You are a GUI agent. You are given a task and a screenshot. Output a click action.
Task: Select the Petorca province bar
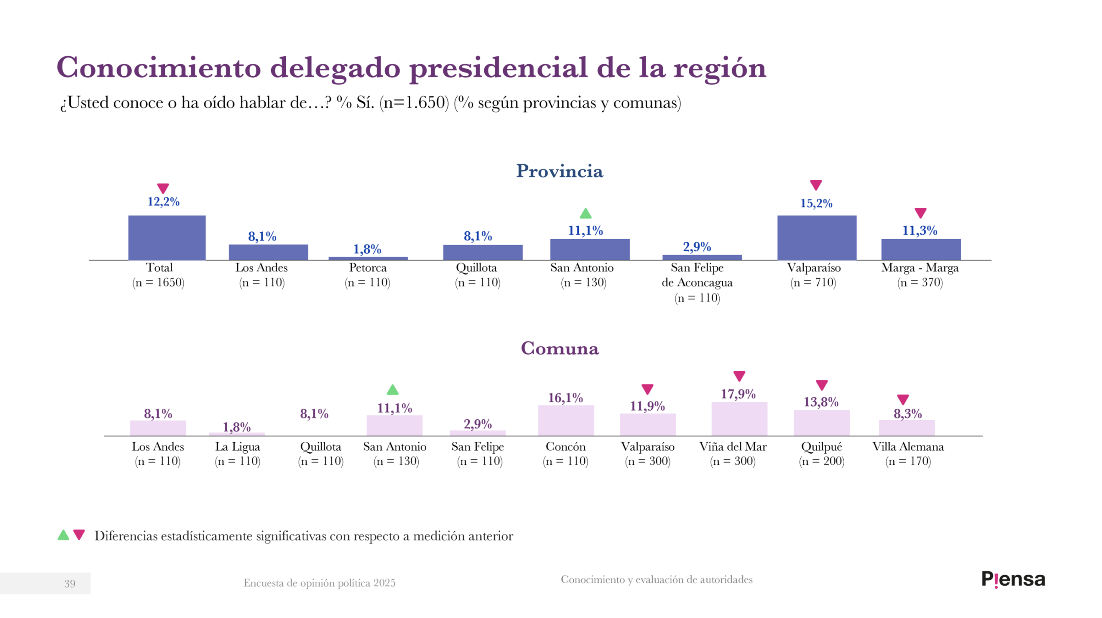(368, 258)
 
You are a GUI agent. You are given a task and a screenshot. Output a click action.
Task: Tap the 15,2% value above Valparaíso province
(816, 203)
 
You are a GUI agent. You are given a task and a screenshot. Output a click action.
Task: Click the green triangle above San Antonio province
(585, 213)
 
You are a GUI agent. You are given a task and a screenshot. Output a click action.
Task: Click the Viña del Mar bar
(739, 418)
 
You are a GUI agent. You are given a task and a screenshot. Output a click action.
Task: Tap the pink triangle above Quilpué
(821, 384)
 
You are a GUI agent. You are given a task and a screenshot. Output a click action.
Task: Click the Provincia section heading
(559, 171)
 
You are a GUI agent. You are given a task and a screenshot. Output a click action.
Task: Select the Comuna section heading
(559, 348)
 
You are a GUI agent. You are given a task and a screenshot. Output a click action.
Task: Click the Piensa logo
(1013, 579)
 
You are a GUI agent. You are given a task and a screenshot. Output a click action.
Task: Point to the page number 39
(70, 583)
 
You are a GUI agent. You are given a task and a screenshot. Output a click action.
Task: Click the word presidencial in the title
(498, 68)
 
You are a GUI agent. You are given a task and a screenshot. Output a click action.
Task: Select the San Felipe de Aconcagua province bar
(702, 257)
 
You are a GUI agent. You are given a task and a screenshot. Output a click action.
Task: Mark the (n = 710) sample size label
(813, 282)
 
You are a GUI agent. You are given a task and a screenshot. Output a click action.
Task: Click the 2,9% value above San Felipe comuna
(477, 424)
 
